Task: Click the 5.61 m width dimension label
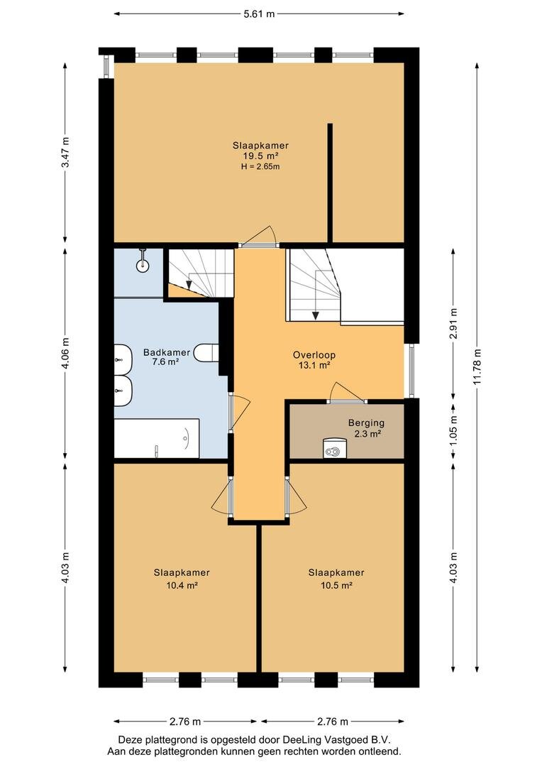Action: point(259,13)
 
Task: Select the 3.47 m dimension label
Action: point(66,152)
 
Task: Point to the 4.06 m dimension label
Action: point(66,353)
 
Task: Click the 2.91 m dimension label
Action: point(453,324)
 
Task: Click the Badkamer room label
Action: point(167,352)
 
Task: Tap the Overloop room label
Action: point(314,355)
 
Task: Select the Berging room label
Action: point(366,423)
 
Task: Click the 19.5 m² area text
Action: point(260,156)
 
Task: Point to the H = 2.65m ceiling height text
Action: point(260,167)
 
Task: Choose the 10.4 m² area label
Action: point(182,585)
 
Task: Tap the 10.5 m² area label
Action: point(336,585)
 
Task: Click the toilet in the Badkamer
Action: point(206,353)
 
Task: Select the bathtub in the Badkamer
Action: point(156,438)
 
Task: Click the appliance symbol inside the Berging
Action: point(334,447)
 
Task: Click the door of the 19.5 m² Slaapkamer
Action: point(259,236)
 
